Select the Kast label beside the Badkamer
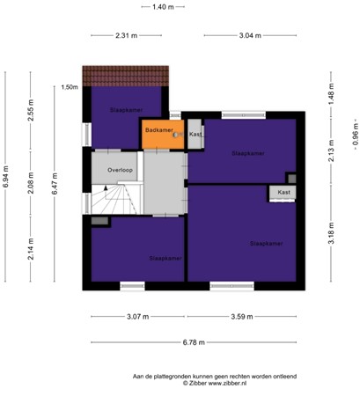pos(195,135)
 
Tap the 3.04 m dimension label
pos(249,35)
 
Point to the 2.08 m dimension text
pos(30,181)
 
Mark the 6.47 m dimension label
pos(53,186)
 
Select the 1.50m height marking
pos(70,87)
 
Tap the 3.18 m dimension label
pos(331,238)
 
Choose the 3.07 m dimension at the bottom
pos(134,315)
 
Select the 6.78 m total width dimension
pos(195,342)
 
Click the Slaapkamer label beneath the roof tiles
pos(126,110)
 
